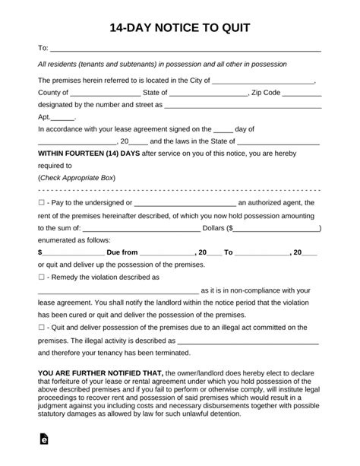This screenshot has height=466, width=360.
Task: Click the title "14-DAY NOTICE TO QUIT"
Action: pos(179,28)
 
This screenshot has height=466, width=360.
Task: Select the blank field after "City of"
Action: pos(264,81)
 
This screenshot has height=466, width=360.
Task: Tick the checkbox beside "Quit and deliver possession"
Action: pos(41,326)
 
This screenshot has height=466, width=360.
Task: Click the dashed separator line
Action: pos(179,190)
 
